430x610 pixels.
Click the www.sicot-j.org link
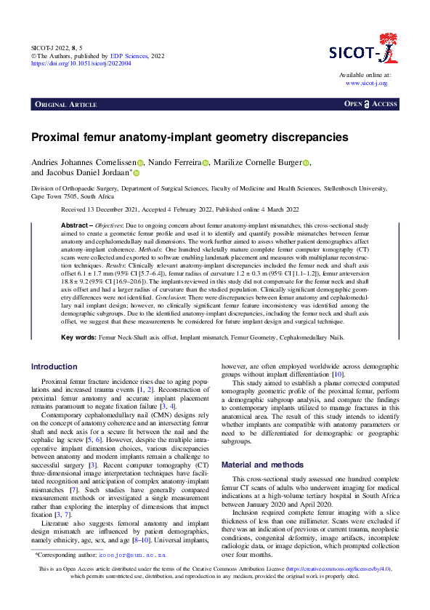pos(366,83)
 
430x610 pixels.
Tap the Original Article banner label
pos(69,105)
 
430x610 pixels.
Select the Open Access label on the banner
pos(370,105)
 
